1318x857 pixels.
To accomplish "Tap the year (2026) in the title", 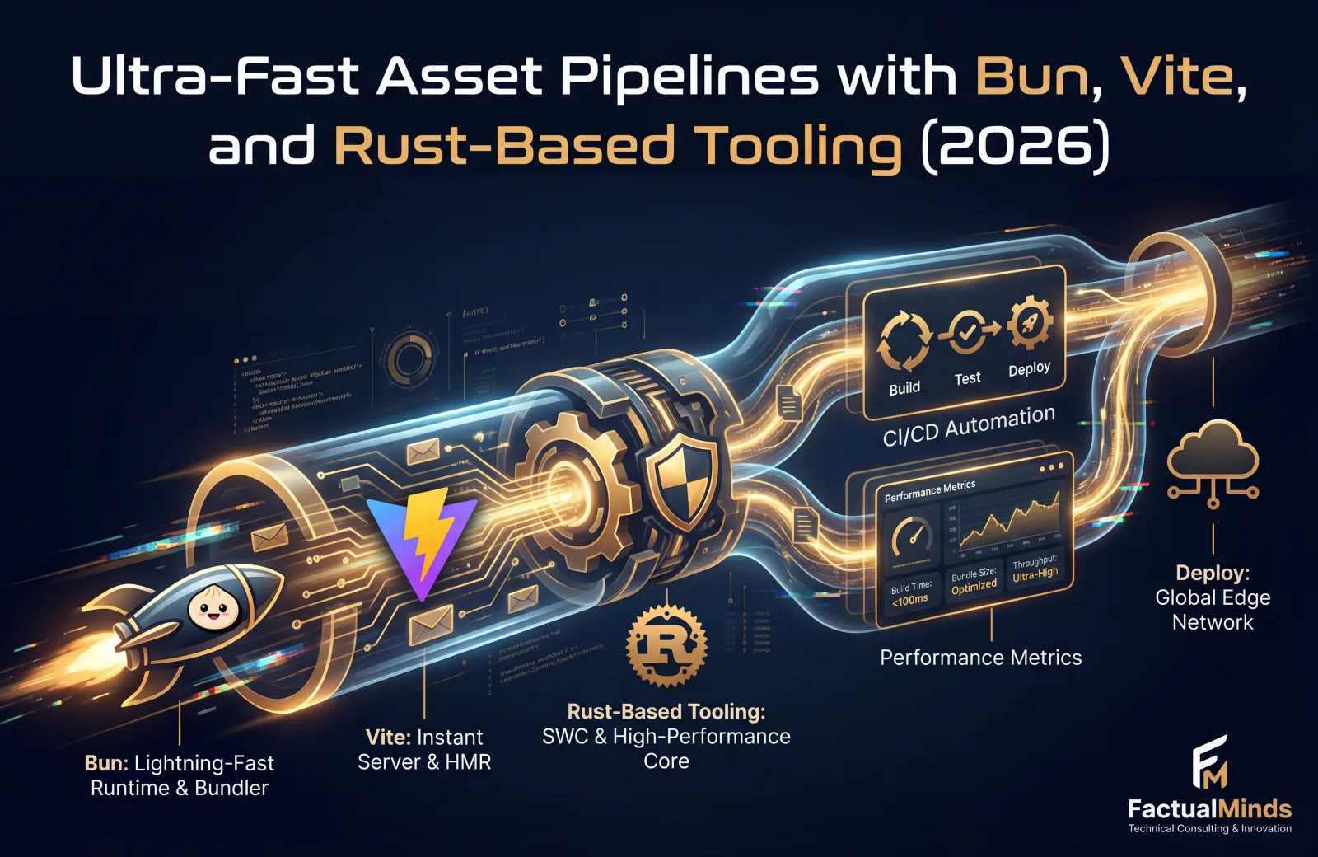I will [x=1015, y=146].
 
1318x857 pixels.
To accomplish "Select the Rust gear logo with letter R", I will [x=666, y=645].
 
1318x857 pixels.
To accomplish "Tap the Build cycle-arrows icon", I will [x=904, y=341].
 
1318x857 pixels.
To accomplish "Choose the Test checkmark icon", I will [x=967, y=332].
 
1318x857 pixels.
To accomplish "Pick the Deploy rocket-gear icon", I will [x=1029, y=323].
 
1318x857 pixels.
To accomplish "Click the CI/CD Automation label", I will [x=969, y=426].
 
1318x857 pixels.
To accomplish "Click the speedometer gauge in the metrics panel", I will [x=913, y=539].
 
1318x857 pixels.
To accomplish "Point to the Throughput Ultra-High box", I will [x=1035, y=568].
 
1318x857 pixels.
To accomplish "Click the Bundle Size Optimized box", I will [x=974, y=580].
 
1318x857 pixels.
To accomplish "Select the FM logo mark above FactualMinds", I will [x=1210, y=761].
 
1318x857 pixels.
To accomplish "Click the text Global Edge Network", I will [x=1213, y=610].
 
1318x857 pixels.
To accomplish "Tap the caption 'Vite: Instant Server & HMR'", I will [x=424, y=749].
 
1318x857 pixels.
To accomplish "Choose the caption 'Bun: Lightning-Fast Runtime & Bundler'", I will [x=180, y=775].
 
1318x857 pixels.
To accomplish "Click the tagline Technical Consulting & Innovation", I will [x=1209, y=828].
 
